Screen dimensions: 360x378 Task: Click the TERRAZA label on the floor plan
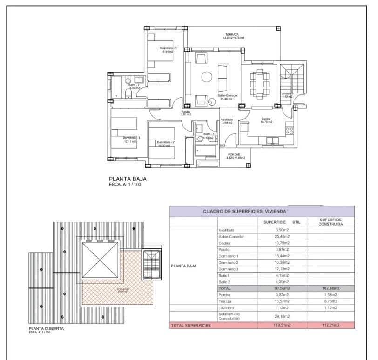pos(232,35)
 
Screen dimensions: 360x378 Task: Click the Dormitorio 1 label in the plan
pos(168,48)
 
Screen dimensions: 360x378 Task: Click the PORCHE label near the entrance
pos(234,154)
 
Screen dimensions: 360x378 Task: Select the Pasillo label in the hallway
pos(186,112)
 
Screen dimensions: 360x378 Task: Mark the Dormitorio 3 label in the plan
pos(132,137)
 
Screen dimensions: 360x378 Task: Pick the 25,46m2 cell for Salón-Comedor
pos(283,236)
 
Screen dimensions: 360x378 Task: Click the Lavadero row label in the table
pos(226,307)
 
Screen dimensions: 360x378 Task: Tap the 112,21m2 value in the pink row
pos(331,325)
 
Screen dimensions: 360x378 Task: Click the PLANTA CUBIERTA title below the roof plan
pos(46,329)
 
